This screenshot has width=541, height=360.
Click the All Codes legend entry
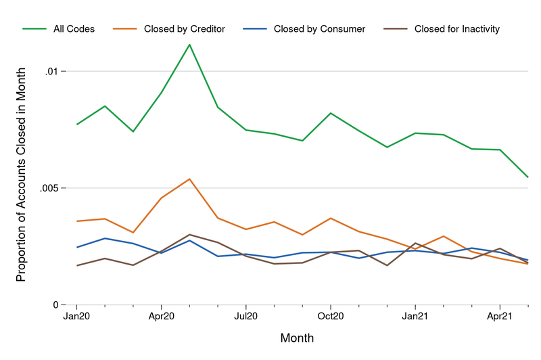pos(74,29)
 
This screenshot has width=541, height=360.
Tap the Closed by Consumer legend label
pos(319,29)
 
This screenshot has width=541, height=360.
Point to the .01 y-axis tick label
pos(55,71)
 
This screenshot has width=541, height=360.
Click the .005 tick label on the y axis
pos(52,188)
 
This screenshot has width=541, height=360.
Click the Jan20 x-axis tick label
pos(76,316)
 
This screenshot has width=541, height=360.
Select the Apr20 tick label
pos(161,316)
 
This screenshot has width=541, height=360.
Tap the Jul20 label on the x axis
pos(245,316)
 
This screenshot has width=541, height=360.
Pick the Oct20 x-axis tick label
pos(330,316)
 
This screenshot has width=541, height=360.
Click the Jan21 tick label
pos(415,316)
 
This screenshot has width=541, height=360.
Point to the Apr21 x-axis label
pos(499,316)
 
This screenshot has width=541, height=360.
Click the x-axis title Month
pos(297,337)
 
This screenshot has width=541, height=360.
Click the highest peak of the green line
pos(189,45)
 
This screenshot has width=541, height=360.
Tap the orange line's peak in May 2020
pos(189,179)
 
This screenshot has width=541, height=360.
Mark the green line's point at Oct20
pos(330,113)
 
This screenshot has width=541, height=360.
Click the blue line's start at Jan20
pos(76,247)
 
